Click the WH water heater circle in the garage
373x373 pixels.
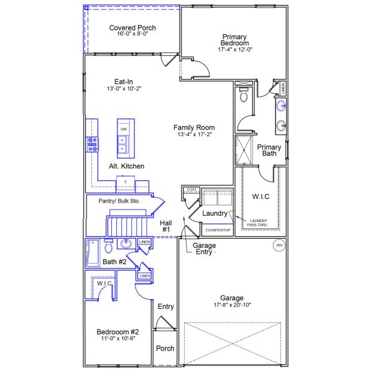(279, 246)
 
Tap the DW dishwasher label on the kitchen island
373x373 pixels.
(124, 129)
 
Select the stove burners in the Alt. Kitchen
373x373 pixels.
(93, 144)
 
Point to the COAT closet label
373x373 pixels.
(191, 189)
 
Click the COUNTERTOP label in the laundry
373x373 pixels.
(218, 231)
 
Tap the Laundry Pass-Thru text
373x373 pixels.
(258, 222)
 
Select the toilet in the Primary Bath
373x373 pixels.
(244, 95)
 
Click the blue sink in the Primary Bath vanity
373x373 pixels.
(281, 106)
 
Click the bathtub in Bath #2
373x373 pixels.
(94, 252)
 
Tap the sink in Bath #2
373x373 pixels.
(126, 244)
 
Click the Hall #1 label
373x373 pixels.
(166, 226)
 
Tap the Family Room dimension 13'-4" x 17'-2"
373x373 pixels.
(194, 134)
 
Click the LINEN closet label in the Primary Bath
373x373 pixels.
(283, 89)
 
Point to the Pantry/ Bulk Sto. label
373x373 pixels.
(119, 201)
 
